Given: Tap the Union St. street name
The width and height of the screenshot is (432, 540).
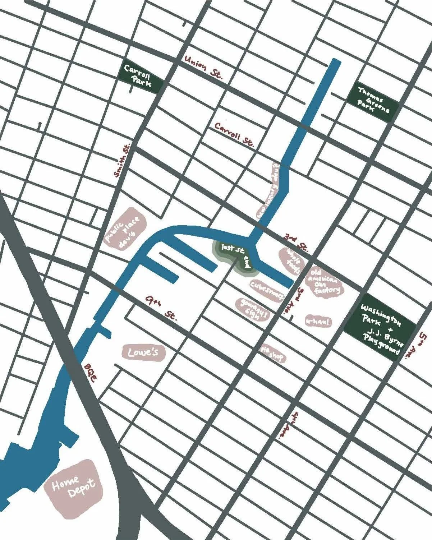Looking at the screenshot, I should point(204,67).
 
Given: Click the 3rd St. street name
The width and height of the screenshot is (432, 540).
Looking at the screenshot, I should point(297,243).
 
